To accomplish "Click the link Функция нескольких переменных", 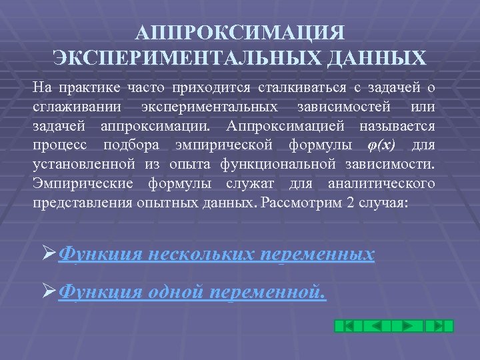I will [217, 254].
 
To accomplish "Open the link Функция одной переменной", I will [193, 291].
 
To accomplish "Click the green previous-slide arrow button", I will [375, 326].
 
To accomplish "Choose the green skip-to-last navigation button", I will [439, 326].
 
